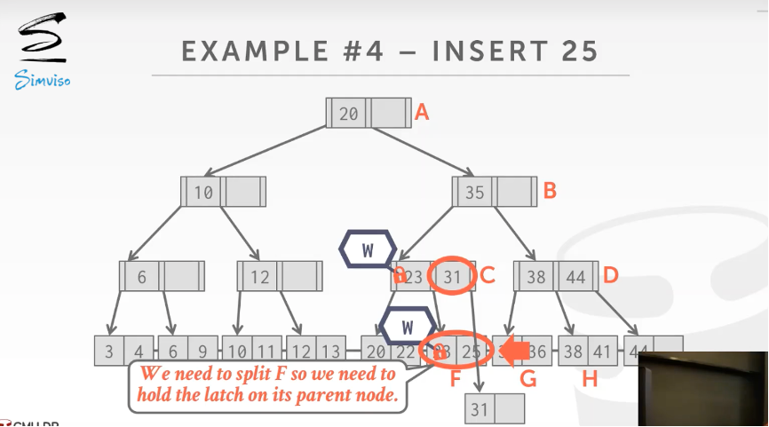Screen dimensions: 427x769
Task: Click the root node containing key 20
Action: pyautogui.click(x=369, y=114)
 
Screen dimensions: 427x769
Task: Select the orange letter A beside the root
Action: pyautogui.click(x=423, y=112)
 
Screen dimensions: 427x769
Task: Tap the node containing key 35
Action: pyautogui.click(x=494, y=191)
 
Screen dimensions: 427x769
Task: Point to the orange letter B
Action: pyautogui.click(x=550, y=190)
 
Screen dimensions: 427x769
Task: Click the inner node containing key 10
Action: pyautogui.click(x=223, y=192)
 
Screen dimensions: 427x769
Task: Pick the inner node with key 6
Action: pyautogui.click(x=163, y=277)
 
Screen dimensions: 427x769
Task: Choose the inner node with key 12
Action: pyautogui.click(x=280, y=277)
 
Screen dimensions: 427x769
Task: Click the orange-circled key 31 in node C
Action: pyautogui.click(x=453, y=277)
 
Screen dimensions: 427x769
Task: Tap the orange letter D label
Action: pyautogui.click(x=610, y=275)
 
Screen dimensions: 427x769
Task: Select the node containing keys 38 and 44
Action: pyautogui.click(x=557, y=277)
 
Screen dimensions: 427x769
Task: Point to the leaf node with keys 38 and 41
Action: pyautogui.click(x=587, y=352)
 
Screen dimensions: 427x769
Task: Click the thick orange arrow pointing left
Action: pyautogui.click(x=514, y=351)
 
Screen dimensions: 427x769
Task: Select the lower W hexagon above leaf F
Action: pyautogui.click(x=408, y=326)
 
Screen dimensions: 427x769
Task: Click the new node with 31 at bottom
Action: pyautogui.click(x=495, y=409)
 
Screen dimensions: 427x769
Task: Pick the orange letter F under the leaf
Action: pyautogui.click(x=456, y=379)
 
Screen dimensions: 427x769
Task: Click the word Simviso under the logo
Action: pyautogui.click(x=42, y=82)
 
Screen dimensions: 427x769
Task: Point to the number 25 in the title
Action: pyautogui.click(x=579, y=51)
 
